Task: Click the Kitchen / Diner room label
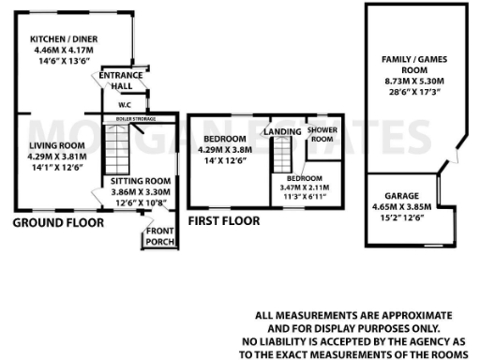(x=67, y=39)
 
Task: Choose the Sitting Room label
(x=140, y=180)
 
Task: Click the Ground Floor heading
(x=58, y=223)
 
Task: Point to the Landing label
(x=282, y=132)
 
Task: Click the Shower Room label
(x=322, y=134)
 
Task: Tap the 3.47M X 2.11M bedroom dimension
(x=303, y=188)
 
